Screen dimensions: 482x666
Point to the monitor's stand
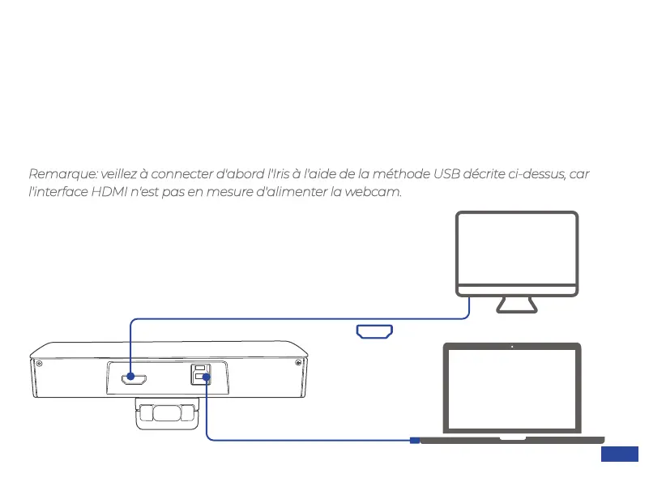coord(517,305)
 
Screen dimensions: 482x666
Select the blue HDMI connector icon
coord(374,331)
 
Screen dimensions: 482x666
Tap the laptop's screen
coord(512,390)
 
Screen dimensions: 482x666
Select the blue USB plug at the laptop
coord(414,440)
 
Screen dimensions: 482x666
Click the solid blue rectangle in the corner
coord(620,454)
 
